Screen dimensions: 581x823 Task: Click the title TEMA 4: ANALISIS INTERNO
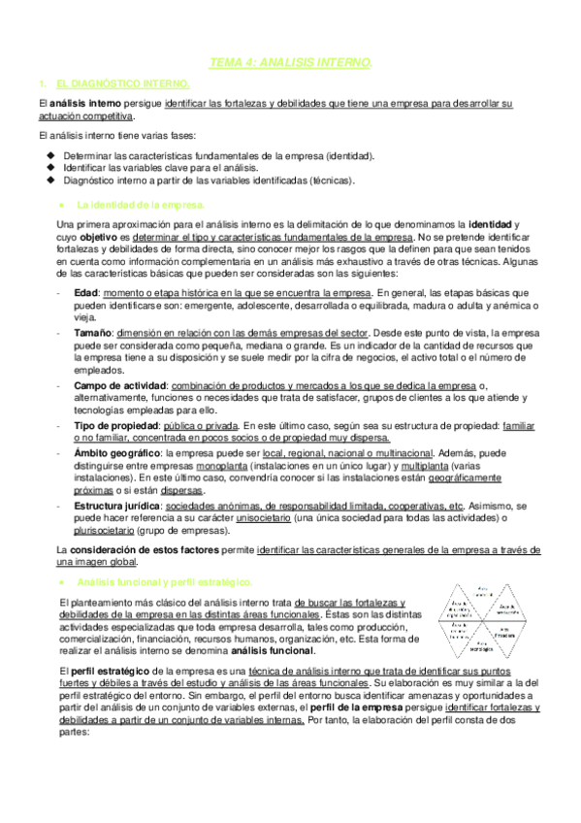[291, 63]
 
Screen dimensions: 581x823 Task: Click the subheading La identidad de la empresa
[140, 205]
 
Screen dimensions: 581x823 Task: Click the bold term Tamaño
[92, 330]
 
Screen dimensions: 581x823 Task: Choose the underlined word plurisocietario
[108, 531]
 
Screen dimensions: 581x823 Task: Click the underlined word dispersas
[181, 491]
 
